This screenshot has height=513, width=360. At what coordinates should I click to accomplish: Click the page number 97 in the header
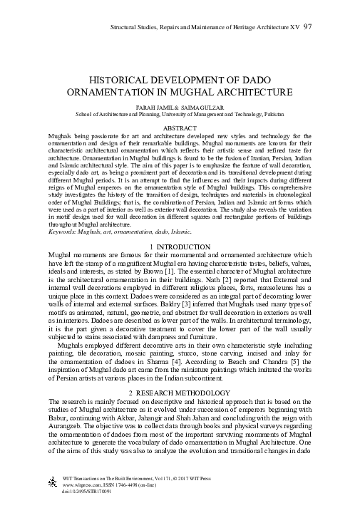[x=307, y=26]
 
